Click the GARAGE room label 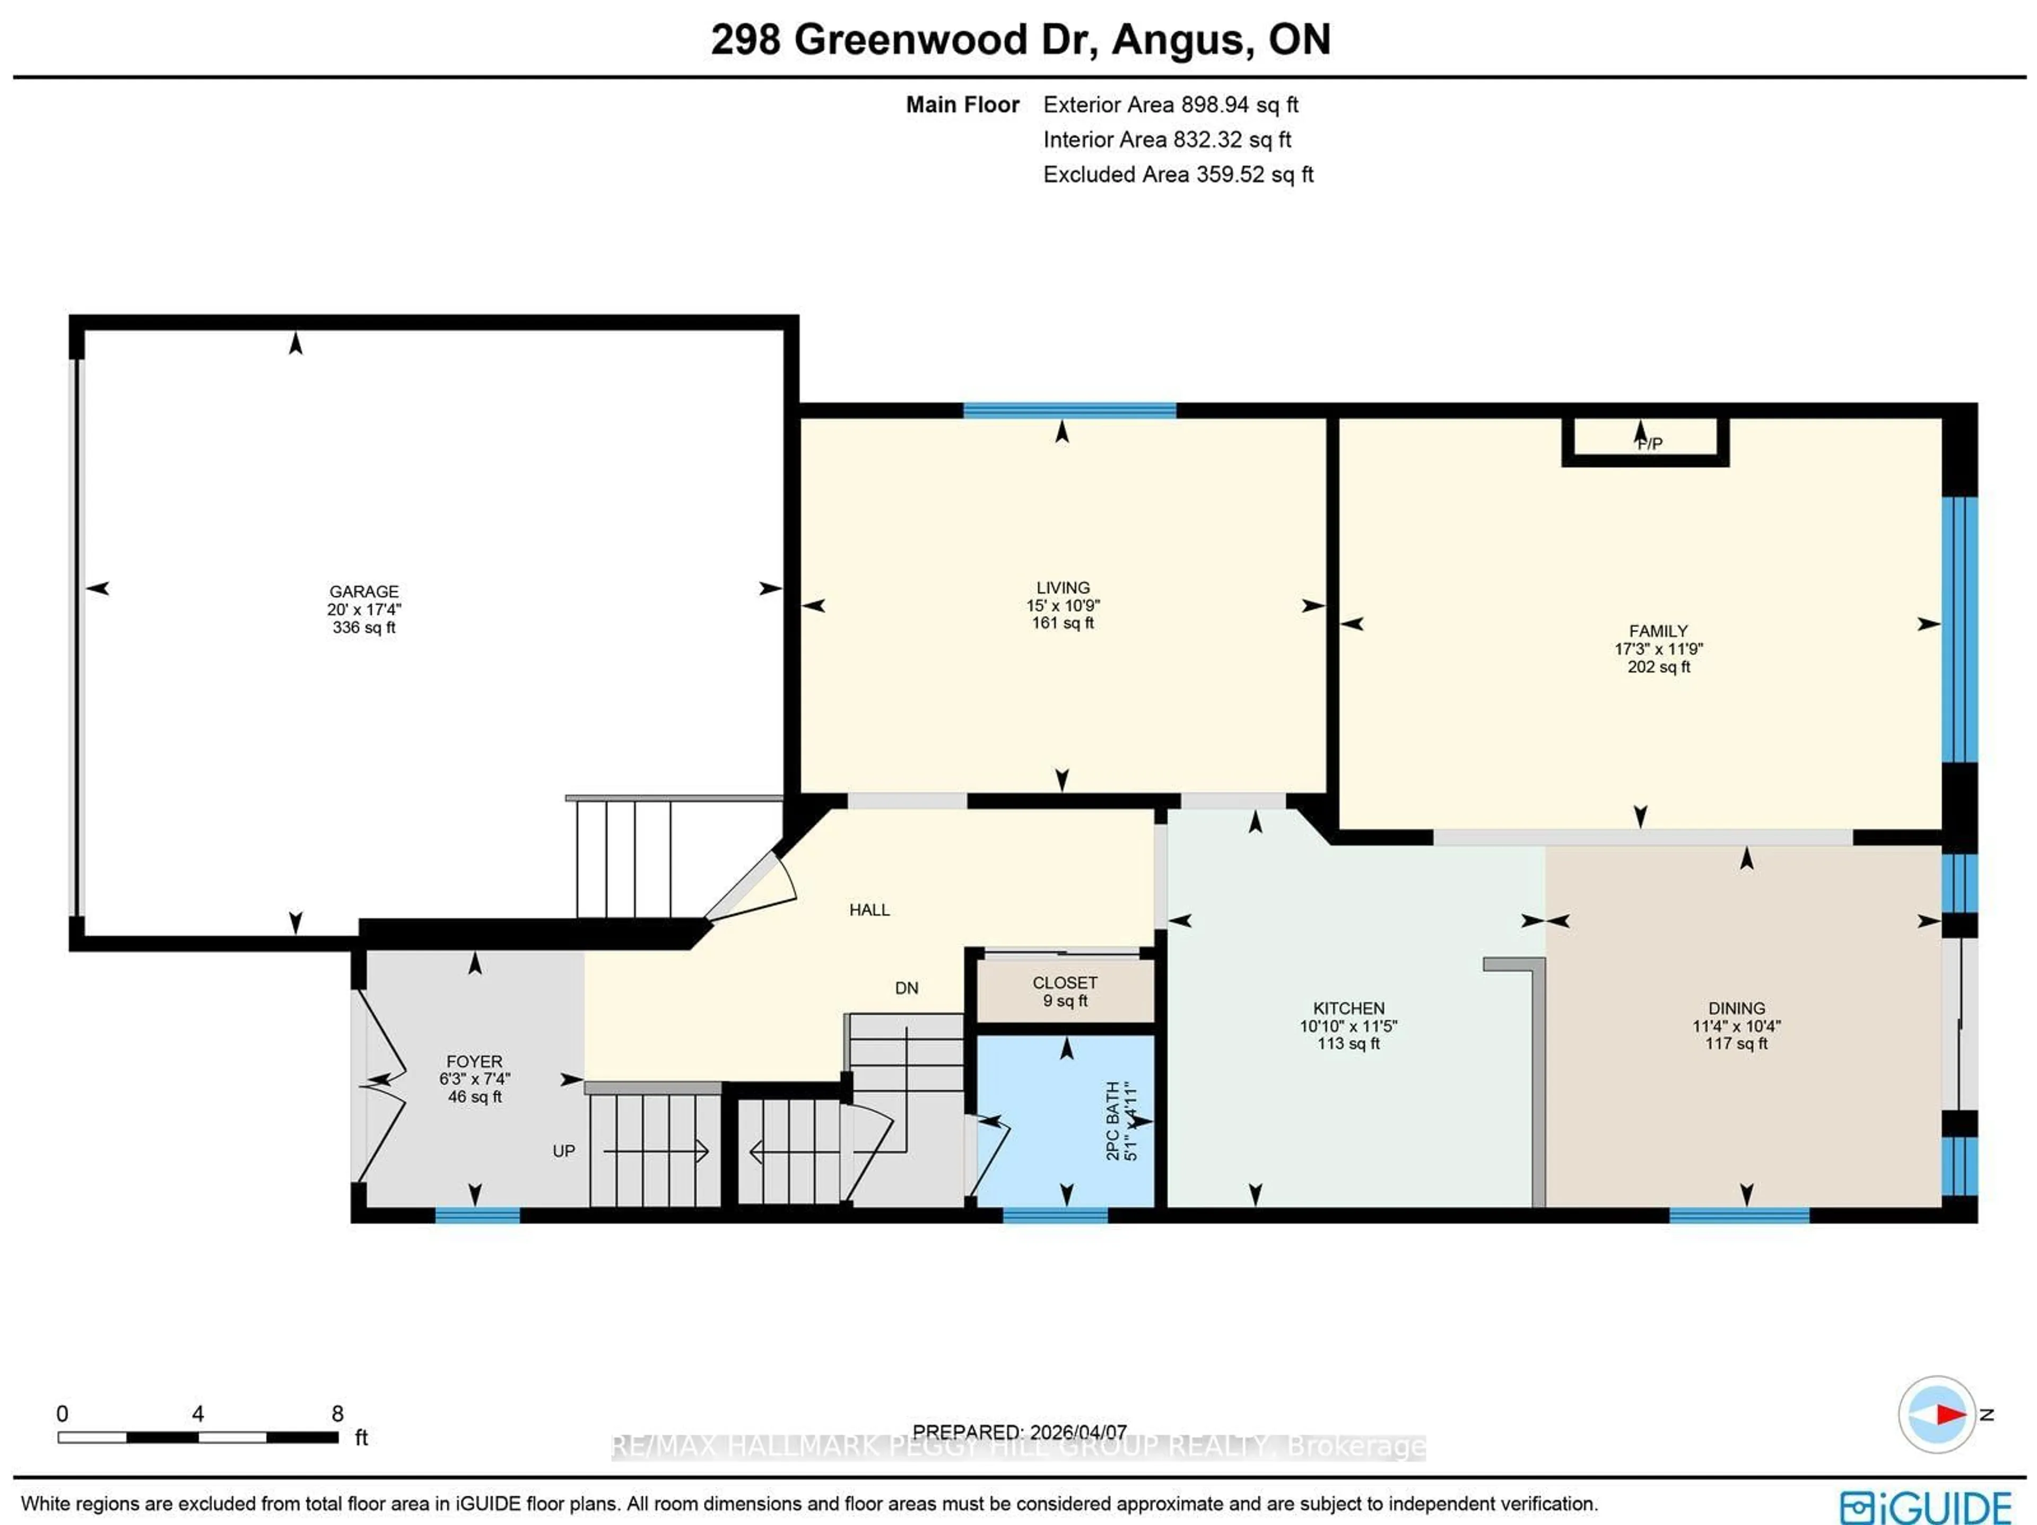pyautogui.click(x=364, y=591)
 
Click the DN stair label pyautogui.click(x=906, y=988)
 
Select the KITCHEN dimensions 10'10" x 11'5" pyautogui.click(x=1348, y=1026)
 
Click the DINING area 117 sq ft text pyautogui.click(x=1736, y=1043)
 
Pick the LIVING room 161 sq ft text pyautogui.click(x=1063, y=623)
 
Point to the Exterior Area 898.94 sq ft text pyautogui.click(x=1170, y=105)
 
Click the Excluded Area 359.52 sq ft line pyautogui.click(x=1177, y=175)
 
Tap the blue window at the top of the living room pyautogui.click(x=1069, y=411)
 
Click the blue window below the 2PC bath pyautogui.click(x=1055, y=1216)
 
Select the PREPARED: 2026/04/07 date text pyautogui.click(x=1020, y=1432)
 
